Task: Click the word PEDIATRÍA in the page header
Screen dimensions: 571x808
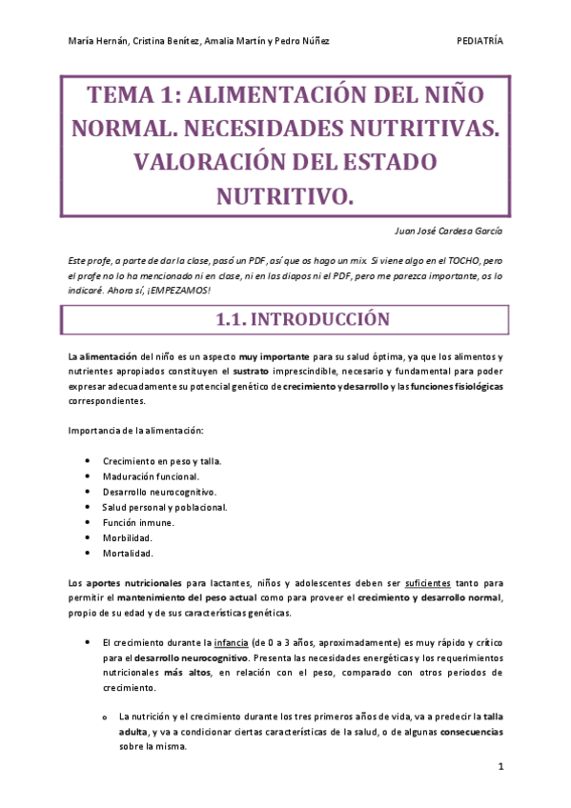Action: coord(480,41)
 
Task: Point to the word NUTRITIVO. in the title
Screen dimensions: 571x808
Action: coord(285,195)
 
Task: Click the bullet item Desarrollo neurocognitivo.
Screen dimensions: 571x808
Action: coord(159,492)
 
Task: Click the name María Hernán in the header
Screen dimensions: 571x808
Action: coord(97,41)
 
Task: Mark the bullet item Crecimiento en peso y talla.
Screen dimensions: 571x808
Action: coord(162,460)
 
